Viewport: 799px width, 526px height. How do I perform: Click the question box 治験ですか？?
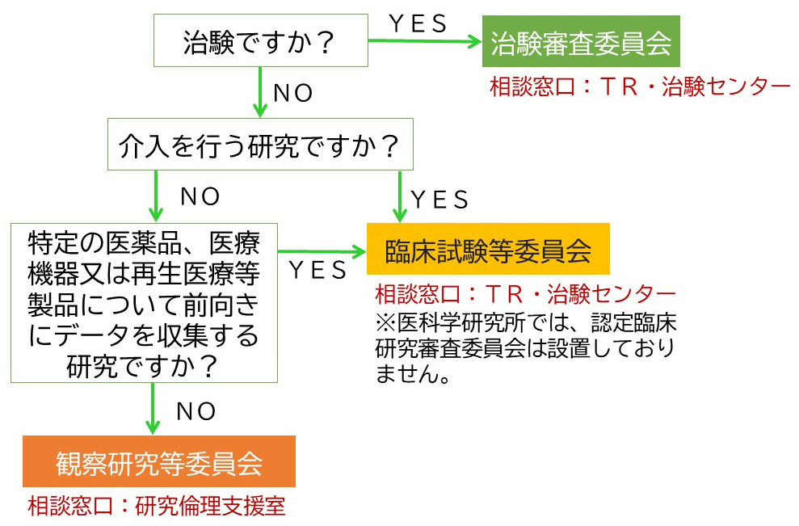pos(259,40)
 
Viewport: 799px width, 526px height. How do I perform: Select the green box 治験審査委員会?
pos(581,43)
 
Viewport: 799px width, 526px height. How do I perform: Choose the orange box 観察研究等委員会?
pos(159,463)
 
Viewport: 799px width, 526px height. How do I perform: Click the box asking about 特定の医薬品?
pos(144,303)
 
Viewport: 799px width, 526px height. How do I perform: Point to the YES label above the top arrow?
pos(418,24)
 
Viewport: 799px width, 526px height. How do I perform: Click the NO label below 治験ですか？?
pos(293,94)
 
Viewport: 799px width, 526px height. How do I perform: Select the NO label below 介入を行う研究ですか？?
pos(200,196)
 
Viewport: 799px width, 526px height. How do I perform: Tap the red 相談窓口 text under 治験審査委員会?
pos(639,86)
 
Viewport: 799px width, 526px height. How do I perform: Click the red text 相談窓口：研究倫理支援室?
pos(157,507)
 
